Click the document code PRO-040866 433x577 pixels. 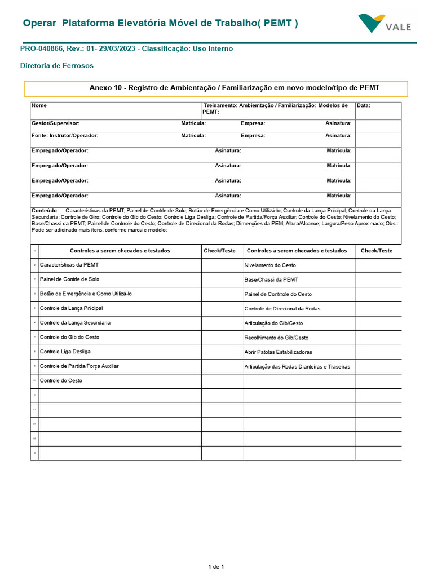[43, 49]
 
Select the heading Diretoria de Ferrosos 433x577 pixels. [57, 66]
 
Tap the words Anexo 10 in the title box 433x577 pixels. [105, 88]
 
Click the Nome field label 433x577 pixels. [39, 105]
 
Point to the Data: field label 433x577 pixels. [364, 105]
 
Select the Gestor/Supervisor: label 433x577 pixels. [55, 123]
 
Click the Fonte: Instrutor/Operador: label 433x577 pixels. [65, 136]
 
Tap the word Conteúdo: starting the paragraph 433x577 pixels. [45, 210]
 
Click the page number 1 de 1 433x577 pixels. [216, 566]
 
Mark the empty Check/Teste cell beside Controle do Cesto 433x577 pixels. [222, 381]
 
